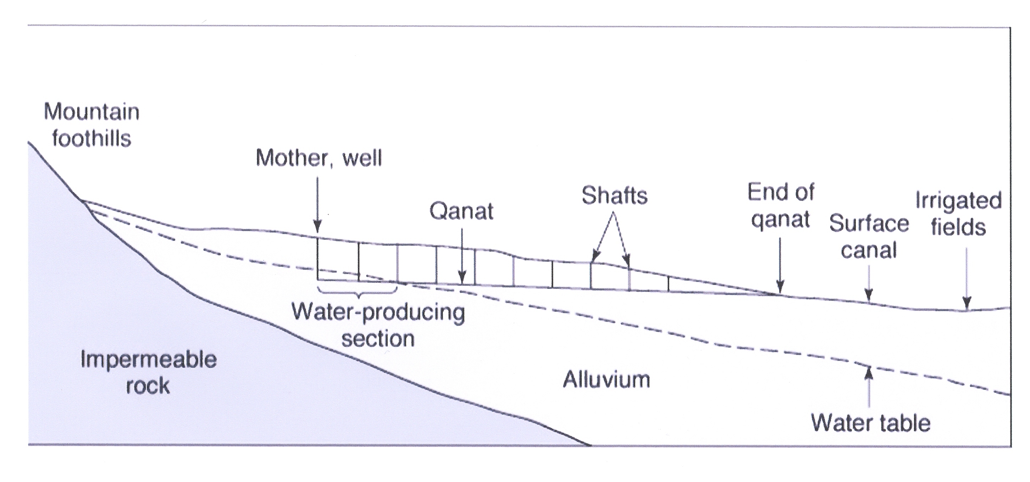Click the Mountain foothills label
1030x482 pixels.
[92, 125]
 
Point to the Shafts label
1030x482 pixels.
[614, 196]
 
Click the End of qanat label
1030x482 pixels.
[781, 206]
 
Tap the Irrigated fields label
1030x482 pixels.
[958, 214]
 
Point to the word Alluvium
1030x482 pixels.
[606, 380]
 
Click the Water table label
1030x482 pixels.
[870, 423]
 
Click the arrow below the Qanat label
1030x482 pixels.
[462, 256]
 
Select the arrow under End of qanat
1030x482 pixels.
[780, 266]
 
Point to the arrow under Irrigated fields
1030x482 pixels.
[967, 280]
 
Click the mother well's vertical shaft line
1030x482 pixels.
[318, 259]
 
